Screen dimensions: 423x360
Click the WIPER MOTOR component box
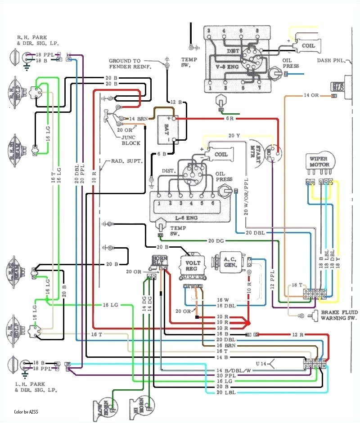tap(319, 161)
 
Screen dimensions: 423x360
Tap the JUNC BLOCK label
tap(131, 140)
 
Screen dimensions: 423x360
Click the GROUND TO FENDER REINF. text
tap(130, 63)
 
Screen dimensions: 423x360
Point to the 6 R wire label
tap(229, 119)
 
